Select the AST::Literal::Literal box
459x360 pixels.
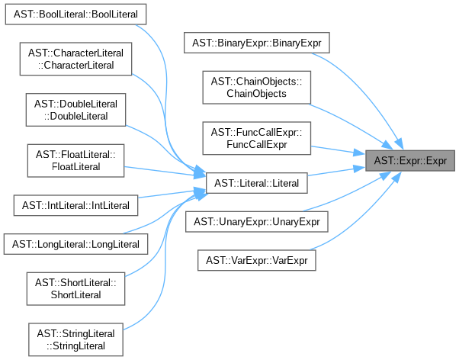[x=257, y=183]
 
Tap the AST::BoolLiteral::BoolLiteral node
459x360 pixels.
[x=75, y=15]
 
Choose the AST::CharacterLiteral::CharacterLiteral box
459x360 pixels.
[x=75, y=58]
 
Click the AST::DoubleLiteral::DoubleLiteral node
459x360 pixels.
[x=75, y=109]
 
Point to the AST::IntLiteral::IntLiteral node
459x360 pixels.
[x=75, y=205]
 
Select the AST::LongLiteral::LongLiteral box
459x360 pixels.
[x=75, y=244]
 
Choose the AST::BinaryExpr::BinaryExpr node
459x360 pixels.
[x=257, y=43]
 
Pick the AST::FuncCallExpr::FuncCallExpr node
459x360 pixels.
[x=257, y=138]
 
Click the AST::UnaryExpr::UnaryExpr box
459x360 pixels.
[x=257, y=222]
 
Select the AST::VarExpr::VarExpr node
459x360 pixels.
[x=257, y=260]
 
